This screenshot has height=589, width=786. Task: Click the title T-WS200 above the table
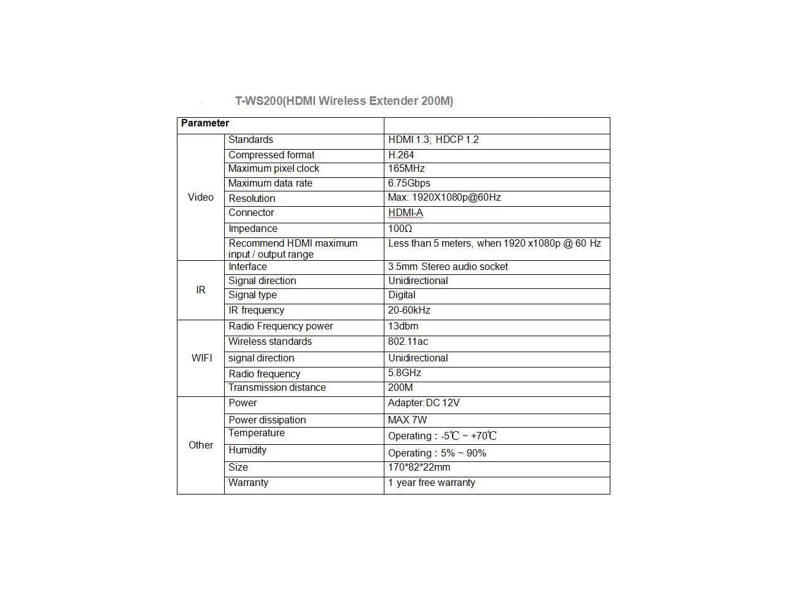[x=344, y=101]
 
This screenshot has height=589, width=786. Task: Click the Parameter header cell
[x=205, y=123]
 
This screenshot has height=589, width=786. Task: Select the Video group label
[x=201, y=197]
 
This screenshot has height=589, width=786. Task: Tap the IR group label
[x=201, y=290]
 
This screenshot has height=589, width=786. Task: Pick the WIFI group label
[x=201, y=358]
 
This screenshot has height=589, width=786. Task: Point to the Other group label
[x=201, y=445]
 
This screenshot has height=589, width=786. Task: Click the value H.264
[x=401, y=155]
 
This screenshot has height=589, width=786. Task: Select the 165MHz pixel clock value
[x=407, y=169]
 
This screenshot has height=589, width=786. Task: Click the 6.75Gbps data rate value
[x=409, y=183]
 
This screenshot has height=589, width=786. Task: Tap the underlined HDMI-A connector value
[x=405, y=213]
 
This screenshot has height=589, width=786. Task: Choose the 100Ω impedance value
[x=400, y=229]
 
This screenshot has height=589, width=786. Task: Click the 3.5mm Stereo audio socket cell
[x=448, y=267]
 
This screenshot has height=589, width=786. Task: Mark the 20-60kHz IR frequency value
[x=409, y=310]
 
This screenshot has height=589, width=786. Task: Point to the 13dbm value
[x=403, y=326]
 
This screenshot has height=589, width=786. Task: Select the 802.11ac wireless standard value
[x=407, y=342]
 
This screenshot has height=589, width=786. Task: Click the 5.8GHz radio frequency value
[x=405, y=373]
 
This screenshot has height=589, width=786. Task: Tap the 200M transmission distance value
[x=400, y=388]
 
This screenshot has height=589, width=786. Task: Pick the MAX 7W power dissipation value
[x=407, y=420]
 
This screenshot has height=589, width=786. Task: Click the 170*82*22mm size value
[x=419, y=468]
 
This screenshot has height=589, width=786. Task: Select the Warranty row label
[x=248, y=483]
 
